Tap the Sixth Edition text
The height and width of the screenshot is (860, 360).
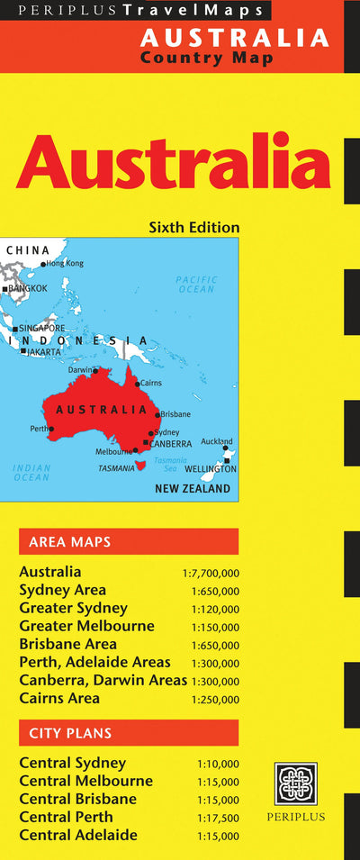pyautogui.click(x=194, y=227)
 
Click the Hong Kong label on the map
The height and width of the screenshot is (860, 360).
pyautogui.click(x=65, y=263)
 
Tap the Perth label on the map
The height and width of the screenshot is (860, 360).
pyautogui.click(x=40, y=429)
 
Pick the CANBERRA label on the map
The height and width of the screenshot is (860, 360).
pyautogui.click(x=171, y=443)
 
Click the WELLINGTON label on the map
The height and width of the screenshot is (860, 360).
pyautogui.click(x=211, y=469)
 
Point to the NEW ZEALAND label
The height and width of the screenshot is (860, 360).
pyautogui.click(x=193, y=490)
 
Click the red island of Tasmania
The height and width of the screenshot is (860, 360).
pyautogui.click(x=139, y=466)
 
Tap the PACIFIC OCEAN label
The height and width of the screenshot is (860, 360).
pyautogui.click(x=196, y=285)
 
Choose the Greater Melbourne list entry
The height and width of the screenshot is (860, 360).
pyautogui.click(x=86, y=626)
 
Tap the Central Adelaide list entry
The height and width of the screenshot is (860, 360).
pyautogui.click(x=78, y=835)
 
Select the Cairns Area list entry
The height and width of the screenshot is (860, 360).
pyautogui.click(x=59, y=698)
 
